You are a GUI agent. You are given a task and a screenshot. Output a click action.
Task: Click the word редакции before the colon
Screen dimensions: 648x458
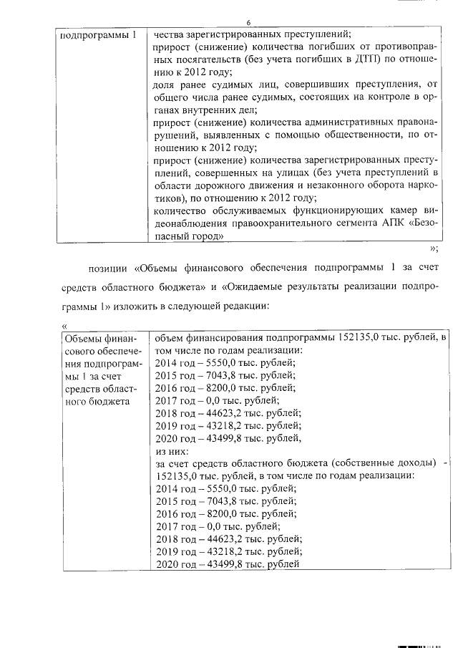(x=246, y=306)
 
